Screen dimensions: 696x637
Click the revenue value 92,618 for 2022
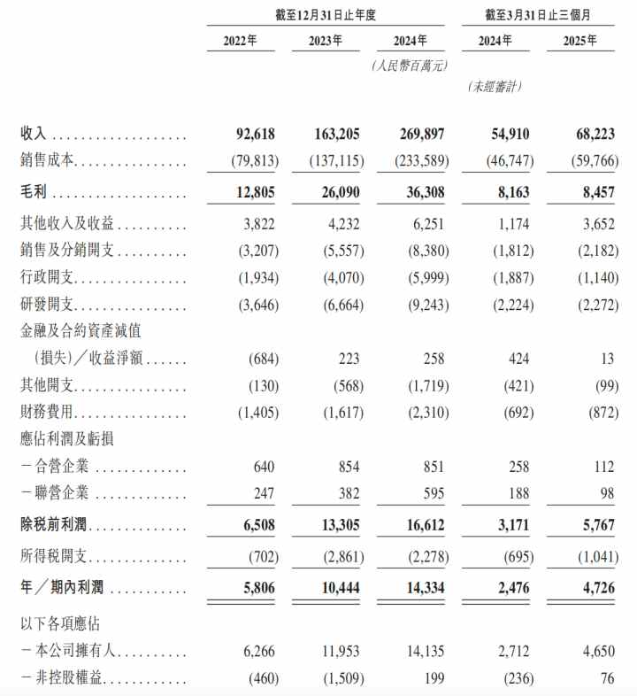pos(254,134)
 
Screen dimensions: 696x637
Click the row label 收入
pos(34,134)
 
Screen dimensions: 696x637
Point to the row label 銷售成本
pos(48,162)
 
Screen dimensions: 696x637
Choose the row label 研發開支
pos(48,304)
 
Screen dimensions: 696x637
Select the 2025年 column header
pos(579,40)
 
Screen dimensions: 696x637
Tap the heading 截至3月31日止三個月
pos(538,13)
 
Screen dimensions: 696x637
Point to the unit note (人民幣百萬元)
pos(408,66)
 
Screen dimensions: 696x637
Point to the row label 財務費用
pos(48,414)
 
